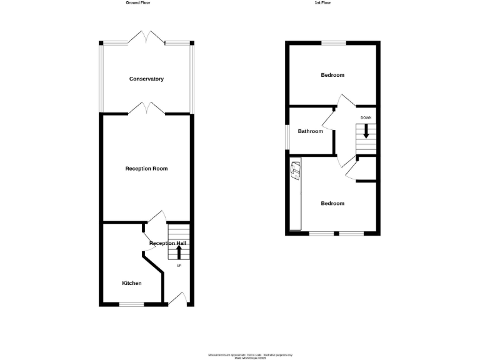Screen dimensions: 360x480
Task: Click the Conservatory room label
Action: (x=146, y=79)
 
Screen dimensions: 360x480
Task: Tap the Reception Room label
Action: (x=146, y=169)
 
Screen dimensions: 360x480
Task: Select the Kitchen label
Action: (x=131, y=283)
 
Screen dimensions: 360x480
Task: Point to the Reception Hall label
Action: (x=167, y=243)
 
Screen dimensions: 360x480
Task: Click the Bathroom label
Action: (x=310, y=131)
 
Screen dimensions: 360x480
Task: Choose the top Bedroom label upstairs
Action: (x=332, y=75)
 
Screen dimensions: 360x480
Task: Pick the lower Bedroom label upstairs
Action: (x=332, y=203)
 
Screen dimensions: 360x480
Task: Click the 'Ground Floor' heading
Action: (x=137, y=2)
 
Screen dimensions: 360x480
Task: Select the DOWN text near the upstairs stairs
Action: (x=366, y=117)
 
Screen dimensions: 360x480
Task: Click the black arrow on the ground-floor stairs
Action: (x=179, y=252)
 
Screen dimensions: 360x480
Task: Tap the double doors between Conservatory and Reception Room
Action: (x=146, y=109)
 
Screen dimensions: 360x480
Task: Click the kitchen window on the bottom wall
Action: (x=131, y=304)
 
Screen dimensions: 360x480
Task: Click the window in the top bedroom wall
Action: (x=334, y=42)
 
